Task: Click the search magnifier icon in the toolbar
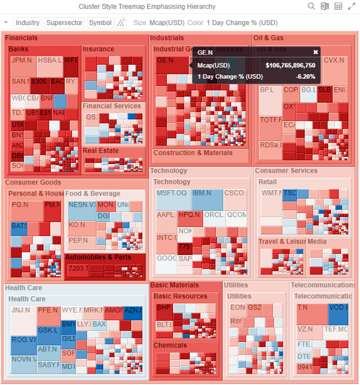click(311, 7)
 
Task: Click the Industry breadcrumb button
click(27, 23)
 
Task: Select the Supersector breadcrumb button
click(64, 23)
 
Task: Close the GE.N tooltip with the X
click(315, 52)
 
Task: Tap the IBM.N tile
click(207, 200)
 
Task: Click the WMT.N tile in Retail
click(270, 201)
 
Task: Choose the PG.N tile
click(26, 212)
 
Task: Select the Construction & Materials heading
click(193, 153)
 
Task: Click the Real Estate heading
click(101, 151)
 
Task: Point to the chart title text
click(147, 7)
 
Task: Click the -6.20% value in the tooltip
click(306, 77)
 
